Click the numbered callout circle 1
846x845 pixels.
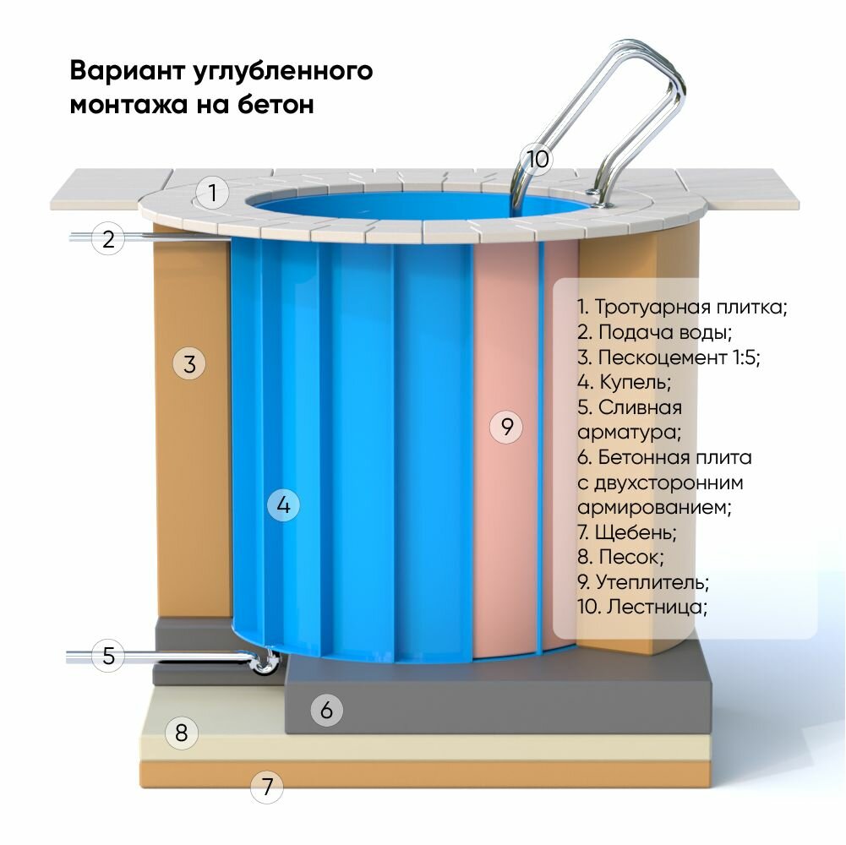point(214,194)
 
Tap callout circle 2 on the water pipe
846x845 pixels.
point(108,239)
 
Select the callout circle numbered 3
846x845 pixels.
point(189,364)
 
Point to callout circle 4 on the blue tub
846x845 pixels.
point(283,505)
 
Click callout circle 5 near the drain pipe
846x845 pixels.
point(108,656)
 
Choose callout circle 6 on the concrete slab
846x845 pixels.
point(327,711)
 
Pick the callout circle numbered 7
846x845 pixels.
point(267,788)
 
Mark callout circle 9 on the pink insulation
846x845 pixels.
point(507,427)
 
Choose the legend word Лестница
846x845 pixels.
point(655,607)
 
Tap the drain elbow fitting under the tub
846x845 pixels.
point(265,665)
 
